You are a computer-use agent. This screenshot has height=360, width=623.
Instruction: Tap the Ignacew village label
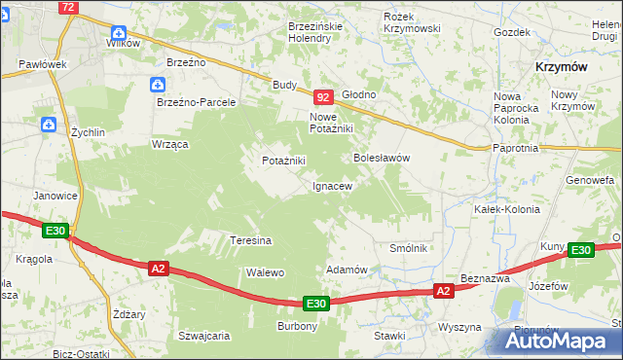coord(332,185)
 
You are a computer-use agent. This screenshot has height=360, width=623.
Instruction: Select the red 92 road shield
coord(324,97)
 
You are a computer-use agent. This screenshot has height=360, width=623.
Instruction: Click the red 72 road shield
coord(67,7)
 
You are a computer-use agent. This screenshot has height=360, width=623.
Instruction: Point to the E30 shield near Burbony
coord(315,304)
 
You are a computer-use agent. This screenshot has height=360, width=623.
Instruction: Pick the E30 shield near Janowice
coord(55,231)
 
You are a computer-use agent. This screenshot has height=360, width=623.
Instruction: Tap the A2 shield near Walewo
coord(159,267)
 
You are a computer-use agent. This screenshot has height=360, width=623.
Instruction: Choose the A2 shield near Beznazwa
coord(443,290)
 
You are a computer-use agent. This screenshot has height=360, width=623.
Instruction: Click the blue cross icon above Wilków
coord(119,29)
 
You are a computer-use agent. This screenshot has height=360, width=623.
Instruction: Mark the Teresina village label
coord(250,240)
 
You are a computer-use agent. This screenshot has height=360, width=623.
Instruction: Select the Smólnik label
coord(409,248)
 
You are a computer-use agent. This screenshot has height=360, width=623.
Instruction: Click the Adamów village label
coord(346,270)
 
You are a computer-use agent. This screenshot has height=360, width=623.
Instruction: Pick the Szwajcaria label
coord(203,336)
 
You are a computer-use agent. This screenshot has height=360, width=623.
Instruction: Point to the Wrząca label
coord(169,143)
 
